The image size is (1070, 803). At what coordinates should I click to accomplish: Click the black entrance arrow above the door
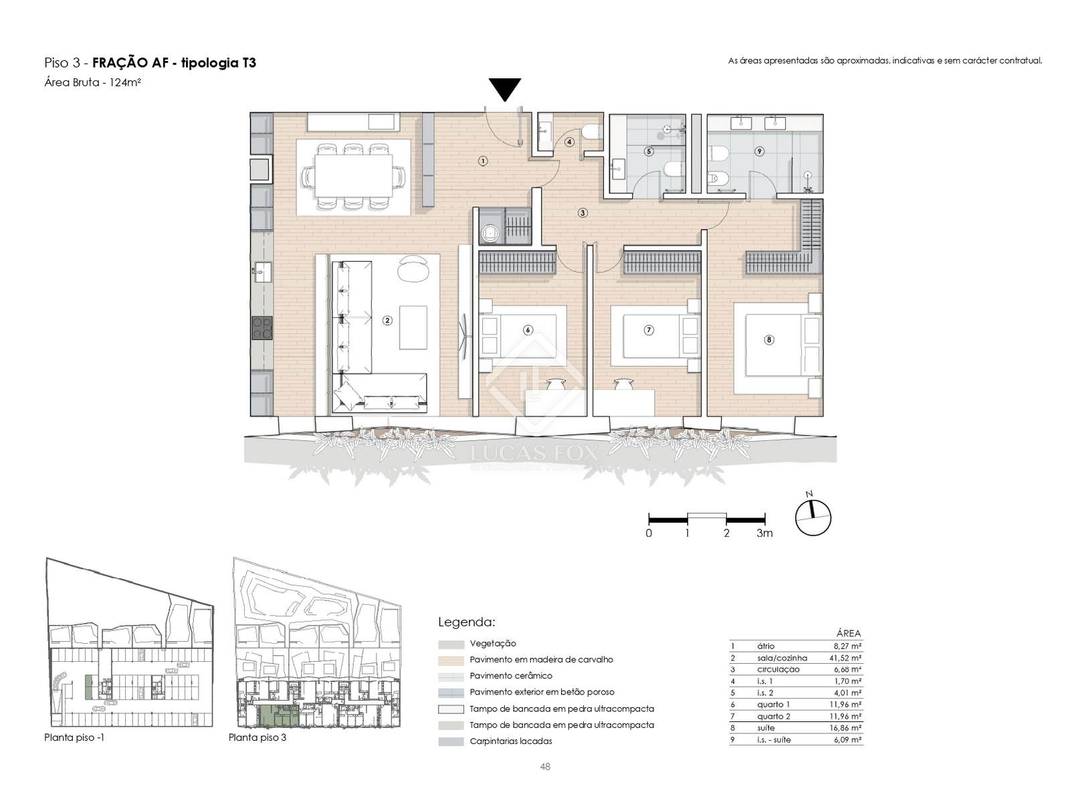[504, 88]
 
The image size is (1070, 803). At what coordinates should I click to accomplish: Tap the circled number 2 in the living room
[387, 321]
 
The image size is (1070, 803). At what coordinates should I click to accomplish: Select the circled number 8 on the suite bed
[769, 340]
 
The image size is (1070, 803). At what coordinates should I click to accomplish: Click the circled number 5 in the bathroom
[649, 152]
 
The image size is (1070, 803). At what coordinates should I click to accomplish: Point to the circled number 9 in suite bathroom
[759, 152]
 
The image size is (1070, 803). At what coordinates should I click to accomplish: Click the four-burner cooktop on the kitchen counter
[262, 328]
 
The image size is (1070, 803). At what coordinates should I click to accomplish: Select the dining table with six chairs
[354, 176]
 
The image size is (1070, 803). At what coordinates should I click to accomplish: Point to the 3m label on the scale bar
[764, 533]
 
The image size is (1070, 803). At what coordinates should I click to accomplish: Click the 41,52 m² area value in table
[847, 658]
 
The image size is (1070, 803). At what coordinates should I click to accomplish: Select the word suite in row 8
[766, 728]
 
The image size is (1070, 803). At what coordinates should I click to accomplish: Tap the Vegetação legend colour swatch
[451, 644]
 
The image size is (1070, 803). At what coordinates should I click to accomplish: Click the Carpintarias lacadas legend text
[511, 741]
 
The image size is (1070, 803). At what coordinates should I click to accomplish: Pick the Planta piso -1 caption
[74, 737]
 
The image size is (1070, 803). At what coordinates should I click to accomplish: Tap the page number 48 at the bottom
[545, 767]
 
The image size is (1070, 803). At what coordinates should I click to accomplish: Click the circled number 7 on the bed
[649, 330]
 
